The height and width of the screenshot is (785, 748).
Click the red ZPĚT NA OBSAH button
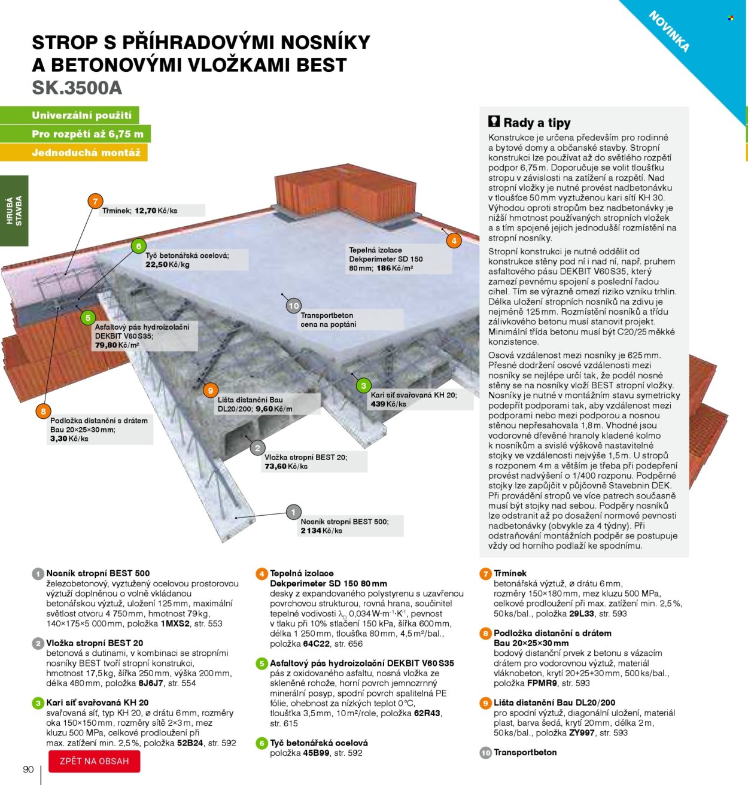pyautogui.click(x=95, y=761)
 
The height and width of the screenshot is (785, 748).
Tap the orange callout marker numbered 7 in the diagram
pyautogui.click(x=95, y=201)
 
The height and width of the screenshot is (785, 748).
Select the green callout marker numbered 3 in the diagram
pyautogui.click(x=363, y=385)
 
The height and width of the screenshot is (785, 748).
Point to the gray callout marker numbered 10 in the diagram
pyautogui.click(x=293, y=306)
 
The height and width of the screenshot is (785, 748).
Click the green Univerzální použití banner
pyautogui.click(x=81, y=115)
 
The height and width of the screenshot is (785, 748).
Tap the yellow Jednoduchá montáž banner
pyautogui.click(x=86, y=153)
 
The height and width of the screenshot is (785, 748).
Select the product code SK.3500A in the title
pyautogui.click(x=77, y=88)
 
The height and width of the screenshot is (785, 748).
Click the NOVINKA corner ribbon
pyautogui.click(x=670, y=31)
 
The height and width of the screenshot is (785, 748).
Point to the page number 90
pyautogui.click(x=28, y=769)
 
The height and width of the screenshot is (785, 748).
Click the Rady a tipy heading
pyautogui.click(x=537, y=123)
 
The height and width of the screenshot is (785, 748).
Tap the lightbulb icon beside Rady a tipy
pyautogui.click(x=494, y=121)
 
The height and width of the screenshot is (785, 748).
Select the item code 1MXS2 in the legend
pyautogui.click(x=175, y=623)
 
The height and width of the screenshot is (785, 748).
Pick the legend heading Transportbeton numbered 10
pyautogui.click(x=525, y=752)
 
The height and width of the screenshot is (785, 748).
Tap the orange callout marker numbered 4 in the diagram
pyautogui.click(x=454, y=241)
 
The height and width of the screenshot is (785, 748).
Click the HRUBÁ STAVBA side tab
pyautogui.click(x=14, y=210)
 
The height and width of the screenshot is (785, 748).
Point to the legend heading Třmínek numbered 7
pyautogui.click(x=510, y=573)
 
